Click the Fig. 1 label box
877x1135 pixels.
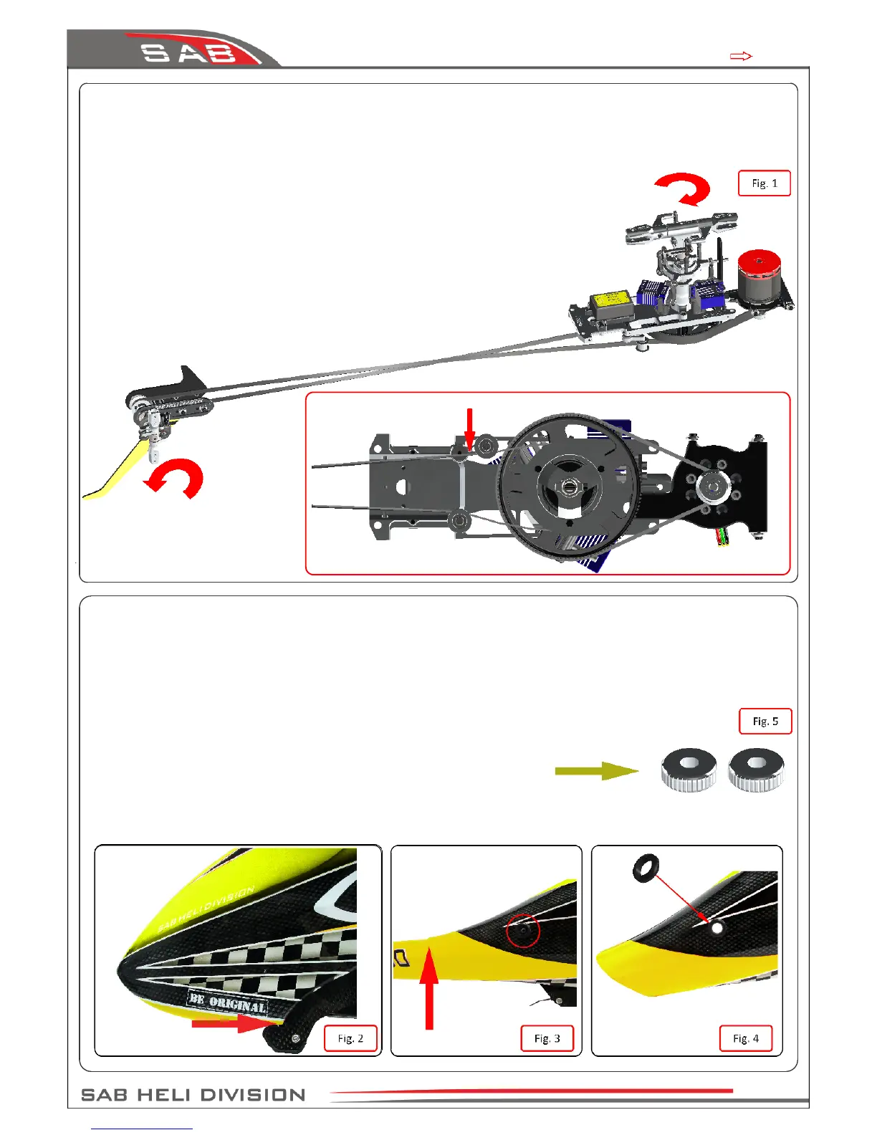click(764, 183)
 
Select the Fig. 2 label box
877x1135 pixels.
click(350, 1038)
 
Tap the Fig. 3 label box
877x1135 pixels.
click(547, 1038)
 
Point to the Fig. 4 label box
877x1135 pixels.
click(745, 1038)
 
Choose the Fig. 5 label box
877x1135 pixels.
click(765, 722)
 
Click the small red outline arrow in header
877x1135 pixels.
click(740, 56)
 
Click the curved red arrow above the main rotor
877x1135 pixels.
click(684, 188)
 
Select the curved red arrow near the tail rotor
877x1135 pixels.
click(177, 477)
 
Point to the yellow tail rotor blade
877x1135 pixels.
click(118, 473)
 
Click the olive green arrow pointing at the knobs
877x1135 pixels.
click(595, 771)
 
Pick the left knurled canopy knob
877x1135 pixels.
click(689, 770)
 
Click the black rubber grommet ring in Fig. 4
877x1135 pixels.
click(644, 869)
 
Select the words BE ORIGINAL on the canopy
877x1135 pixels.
click(227, 1002)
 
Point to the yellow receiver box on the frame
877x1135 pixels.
click(610, 301)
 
